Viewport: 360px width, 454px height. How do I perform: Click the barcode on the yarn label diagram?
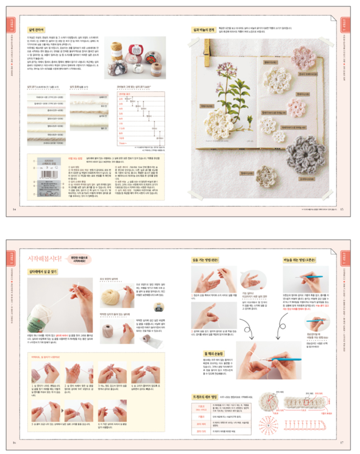point(49,174)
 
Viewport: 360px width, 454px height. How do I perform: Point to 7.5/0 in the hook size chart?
point(122,128)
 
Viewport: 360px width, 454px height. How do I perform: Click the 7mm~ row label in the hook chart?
point(122,143)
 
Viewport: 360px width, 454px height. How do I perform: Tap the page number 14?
point(14,210)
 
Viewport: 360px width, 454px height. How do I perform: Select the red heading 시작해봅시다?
point(45,259)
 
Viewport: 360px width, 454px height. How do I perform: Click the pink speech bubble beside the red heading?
point(79,259)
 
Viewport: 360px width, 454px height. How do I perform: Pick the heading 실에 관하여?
point(36,30)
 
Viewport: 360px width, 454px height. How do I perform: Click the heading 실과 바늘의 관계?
point(203,30)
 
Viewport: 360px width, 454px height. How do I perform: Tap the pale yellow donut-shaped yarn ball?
point(113,296)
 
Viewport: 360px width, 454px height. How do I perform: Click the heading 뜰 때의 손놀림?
point(214,353)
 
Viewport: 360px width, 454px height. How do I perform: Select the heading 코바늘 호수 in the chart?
point(124,94)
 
